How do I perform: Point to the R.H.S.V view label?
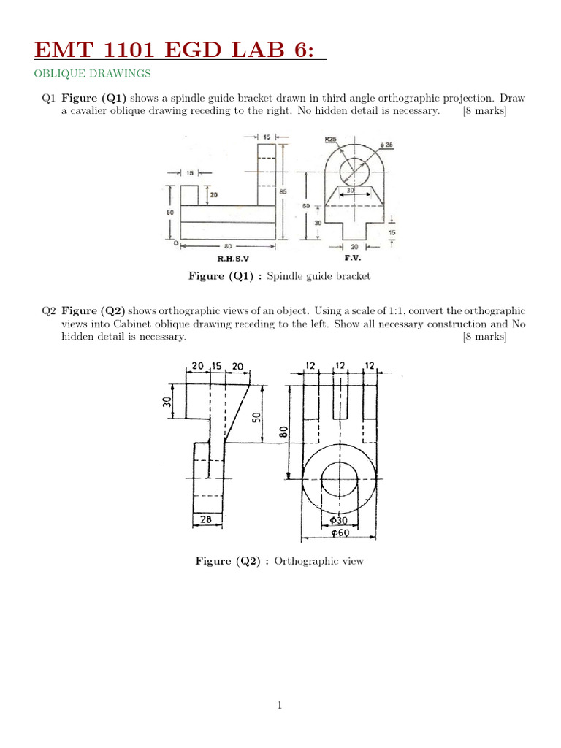[234, 259]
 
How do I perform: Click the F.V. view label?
[353, 259]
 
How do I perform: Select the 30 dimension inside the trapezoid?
[351, 190]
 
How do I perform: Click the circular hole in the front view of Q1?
[356, 170]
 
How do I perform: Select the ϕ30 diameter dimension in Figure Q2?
[338, 520]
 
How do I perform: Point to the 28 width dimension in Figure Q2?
[205, 519]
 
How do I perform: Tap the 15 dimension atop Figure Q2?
[217, 365]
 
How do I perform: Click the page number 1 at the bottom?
[280, 705]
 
